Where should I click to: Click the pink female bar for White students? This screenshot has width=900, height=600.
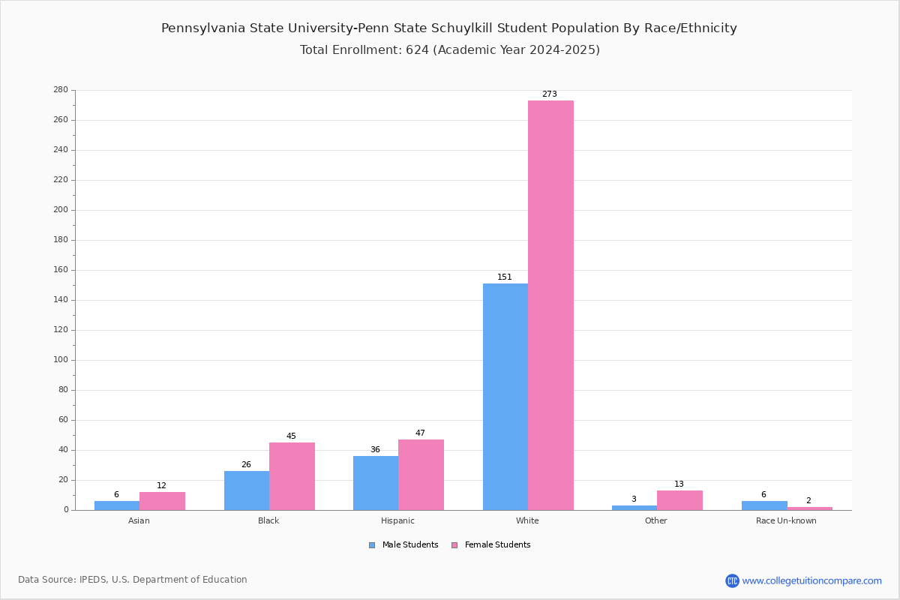click(550, 305)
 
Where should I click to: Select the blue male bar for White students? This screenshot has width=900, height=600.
click(505, 397)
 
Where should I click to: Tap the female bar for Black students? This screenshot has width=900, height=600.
click(292, 476)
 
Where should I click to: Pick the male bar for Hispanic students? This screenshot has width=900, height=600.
click(376, 483)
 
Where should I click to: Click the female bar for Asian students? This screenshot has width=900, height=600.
click(162, 501)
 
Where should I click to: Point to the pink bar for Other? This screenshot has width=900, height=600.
click(679, 500)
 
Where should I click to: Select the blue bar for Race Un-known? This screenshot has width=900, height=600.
click(764, 505)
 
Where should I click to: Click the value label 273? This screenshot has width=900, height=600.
click(550, 94)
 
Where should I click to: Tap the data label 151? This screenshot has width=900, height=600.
click(505, 277)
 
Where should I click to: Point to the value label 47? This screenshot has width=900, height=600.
click(420, 433)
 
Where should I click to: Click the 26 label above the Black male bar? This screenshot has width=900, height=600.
click(246, 464)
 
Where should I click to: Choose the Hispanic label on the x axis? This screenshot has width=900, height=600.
click(397, 520)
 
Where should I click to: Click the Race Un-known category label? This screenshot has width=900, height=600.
click(786, 520)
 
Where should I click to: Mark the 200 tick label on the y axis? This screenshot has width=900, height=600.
click(61, 210)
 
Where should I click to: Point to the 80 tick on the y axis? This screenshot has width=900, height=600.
click(64, 390)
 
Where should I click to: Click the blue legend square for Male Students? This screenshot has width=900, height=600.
click(372, 545)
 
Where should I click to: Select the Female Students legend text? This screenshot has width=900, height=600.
click(497, 545)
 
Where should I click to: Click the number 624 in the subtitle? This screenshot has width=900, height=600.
click(417, 49)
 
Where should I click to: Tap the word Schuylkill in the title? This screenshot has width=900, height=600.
click(462, 28)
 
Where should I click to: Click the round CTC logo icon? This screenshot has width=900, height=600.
click(732, 580)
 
